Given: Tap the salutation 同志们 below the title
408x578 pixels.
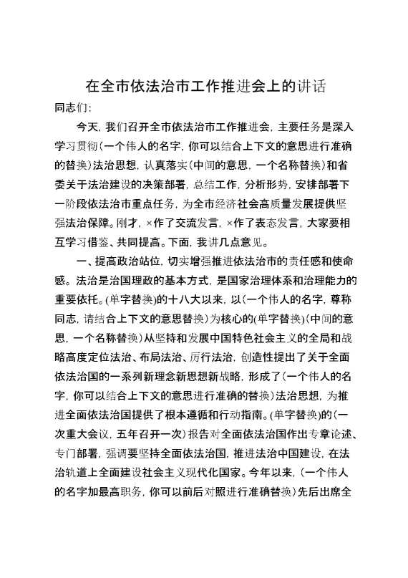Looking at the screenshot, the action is [x=72, y=108].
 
